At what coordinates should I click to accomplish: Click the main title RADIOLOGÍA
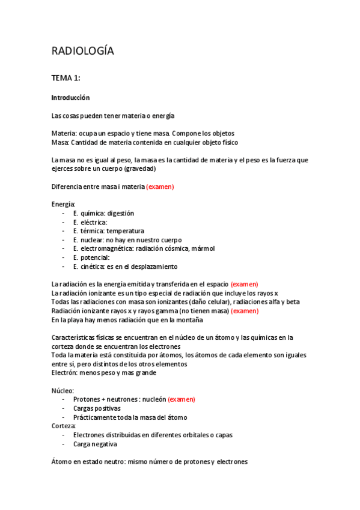tap(82, 52)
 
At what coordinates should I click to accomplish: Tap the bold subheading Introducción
tap(70, 97)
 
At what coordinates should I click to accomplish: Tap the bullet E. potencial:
tap(91, 257)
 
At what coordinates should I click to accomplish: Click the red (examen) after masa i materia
tap(160, 186)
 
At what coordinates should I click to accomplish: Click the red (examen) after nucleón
tap(181, 399)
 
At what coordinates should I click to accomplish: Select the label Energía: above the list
tap(64, 204)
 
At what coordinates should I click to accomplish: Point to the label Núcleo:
tap(63, 390)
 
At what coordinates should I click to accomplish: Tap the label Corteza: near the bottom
tap(64, 426)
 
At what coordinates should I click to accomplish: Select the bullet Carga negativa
tap(95, 444)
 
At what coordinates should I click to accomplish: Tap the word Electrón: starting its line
tap(66, 372)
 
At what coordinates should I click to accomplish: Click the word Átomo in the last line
tap(63, 462)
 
